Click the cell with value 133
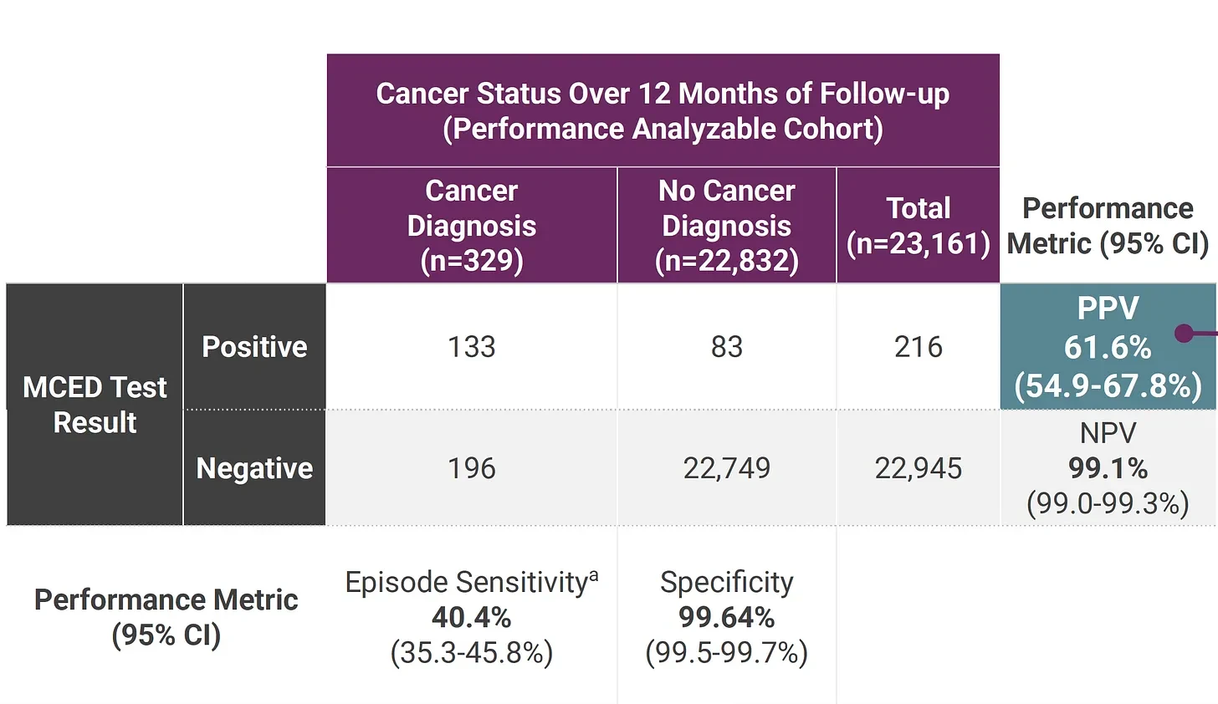pos(472,347)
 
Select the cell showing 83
pos(726,347)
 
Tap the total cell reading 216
pos(918,347)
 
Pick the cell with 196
pos(472,468)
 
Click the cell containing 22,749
pos(726,468)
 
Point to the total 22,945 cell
pos(918,468)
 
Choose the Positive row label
pos(254,347)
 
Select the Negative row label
pos(254,468)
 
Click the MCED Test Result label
pos(95,405)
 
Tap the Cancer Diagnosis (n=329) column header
pos(472,226)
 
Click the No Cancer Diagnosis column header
pos(726,226)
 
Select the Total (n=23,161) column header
pos(918,226)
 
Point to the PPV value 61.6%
pos(1108,347)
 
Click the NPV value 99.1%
pos(1108,468)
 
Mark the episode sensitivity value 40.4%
pos(472,617)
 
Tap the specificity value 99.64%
pos(726,617)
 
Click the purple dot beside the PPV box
pos(1184,334)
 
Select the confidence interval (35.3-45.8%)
pos(472,653)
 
